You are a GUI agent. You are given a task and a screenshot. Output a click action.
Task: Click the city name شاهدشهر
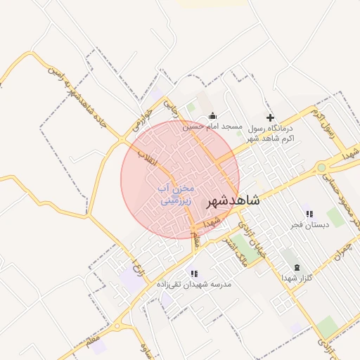[x=233, y=200]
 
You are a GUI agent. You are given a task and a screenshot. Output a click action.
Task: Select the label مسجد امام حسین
[x=213, y=127]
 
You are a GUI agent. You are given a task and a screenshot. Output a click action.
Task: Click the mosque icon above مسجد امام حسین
[x=213, y=116]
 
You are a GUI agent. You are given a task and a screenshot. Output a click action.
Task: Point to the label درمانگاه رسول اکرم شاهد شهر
[x=271, y=133]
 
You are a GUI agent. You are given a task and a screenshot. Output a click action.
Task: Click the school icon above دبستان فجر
[x=309, y=214]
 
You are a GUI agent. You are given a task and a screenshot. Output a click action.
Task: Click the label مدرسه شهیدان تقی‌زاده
[x=195, y=285]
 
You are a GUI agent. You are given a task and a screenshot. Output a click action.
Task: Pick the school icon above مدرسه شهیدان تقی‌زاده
[x=194, y=274]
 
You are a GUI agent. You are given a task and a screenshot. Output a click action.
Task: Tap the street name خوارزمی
[x=138, y=120]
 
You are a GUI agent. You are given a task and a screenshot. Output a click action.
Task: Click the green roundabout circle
[x=322, y=167]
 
